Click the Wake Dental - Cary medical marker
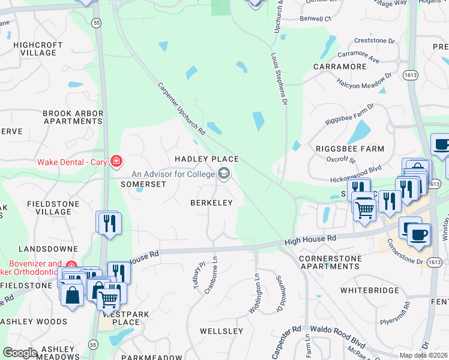(x=116, y=161)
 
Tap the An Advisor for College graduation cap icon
(x=224, y=174)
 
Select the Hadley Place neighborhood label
(x=206, y=159)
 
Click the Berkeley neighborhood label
(x=211, y=203)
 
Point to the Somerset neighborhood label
(x=143, y=184)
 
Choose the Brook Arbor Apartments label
(x=73, y=117)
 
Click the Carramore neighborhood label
(x=340, y=66)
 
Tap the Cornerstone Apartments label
(x=330, y=262)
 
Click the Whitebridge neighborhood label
(x=369, y=290)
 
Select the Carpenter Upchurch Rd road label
(x=181, y=108)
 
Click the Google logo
(x=20, y=353)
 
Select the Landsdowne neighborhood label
(x=48, y=248)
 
